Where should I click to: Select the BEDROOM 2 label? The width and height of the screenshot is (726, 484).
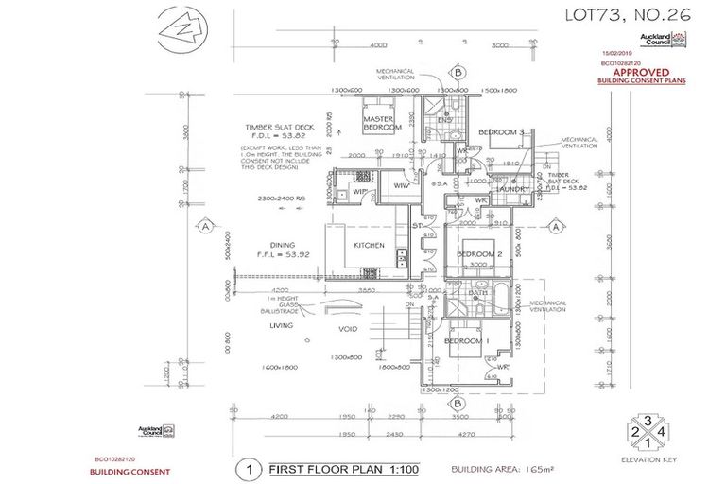479,254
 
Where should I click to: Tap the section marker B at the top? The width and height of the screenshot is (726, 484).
458,71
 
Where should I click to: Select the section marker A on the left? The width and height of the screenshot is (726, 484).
204,226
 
